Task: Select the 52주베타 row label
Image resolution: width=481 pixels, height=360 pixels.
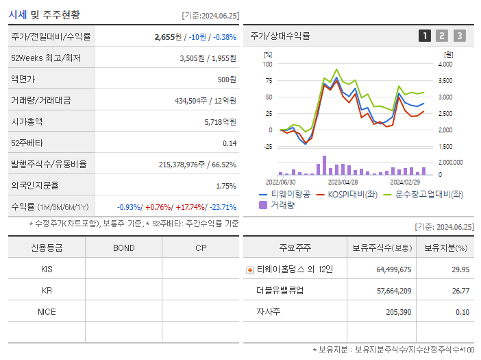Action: pos(27,143)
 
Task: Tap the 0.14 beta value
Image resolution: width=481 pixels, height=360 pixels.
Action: pos(230,143)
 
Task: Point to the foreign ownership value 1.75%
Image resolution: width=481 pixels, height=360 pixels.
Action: pos(225,185)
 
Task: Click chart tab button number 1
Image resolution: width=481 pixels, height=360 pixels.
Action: pos(425,36)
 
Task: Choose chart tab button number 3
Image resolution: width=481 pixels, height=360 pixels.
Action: pos(459,36)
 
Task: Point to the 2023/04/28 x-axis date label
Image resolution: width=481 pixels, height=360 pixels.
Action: pos(343,182)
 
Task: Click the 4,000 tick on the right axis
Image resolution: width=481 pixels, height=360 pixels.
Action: pos(445,64)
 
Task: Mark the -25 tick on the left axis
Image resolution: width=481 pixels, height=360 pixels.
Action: pos(267,146)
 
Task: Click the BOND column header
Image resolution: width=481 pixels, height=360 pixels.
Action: pos(123,248)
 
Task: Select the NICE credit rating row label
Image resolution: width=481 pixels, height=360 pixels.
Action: pos(47,311)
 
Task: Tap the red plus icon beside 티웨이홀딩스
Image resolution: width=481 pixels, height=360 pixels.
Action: pos(250,269)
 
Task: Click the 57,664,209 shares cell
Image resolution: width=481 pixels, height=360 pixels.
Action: pos(393,291)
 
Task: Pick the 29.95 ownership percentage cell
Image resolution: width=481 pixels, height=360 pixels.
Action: pos(460,269)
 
